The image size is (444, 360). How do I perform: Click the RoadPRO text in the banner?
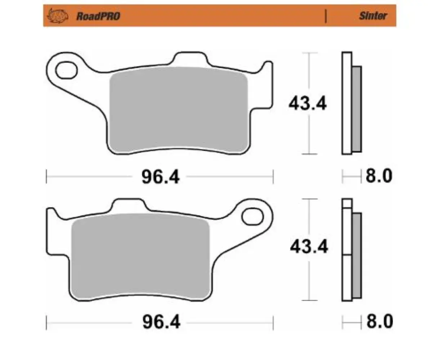pyautogui.click(x=98, y=16)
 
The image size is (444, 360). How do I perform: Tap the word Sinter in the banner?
pyautogui.click(x=373, y=16)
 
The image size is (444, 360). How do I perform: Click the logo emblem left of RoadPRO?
pyautogui.click(x=58, y=16)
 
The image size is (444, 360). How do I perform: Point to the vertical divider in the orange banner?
pyautogui.click(x=326, y=16)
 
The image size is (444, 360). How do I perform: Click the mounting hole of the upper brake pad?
pyautogui.click(x=67, y=70)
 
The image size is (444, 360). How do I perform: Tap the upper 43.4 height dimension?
pyautogui.click(x=307, y=104)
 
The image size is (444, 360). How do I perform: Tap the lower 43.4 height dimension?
pyautogui.click(x=309, y=247)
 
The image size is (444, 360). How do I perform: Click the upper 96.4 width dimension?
pyautogui.click(x=160, y=177)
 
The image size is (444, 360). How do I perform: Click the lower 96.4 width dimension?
pyautogui.click(x=161, y=322)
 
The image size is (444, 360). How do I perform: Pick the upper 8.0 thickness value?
pyautogui.click(x=379, y=176)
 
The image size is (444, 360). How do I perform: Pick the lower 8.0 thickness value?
pyautogui.click(x=380, y=321)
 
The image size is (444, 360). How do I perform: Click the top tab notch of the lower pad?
pyautogui.click(x=129, y=204)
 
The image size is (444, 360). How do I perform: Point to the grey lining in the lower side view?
pyautogui.click(x=356, y=256)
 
